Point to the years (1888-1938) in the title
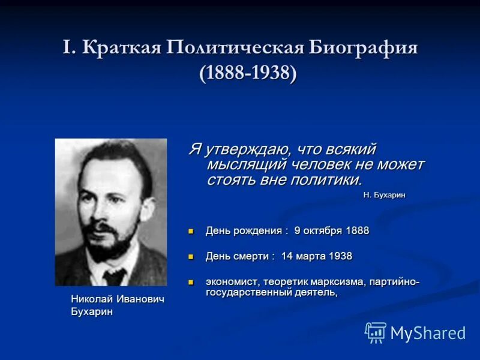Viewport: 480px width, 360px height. coord(248,74)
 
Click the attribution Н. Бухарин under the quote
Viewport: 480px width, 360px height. coord(388,194)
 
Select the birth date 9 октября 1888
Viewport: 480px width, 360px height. coord(332,230)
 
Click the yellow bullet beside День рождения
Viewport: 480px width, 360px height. coord(191,230)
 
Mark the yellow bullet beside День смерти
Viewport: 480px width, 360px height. coord(191,256)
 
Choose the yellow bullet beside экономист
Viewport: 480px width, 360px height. coord(191,281)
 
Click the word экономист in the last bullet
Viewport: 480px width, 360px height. coord(232,281)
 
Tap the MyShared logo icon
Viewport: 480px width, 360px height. coord(376,332)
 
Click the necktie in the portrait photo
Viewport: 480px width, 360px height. coord(114,276)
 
